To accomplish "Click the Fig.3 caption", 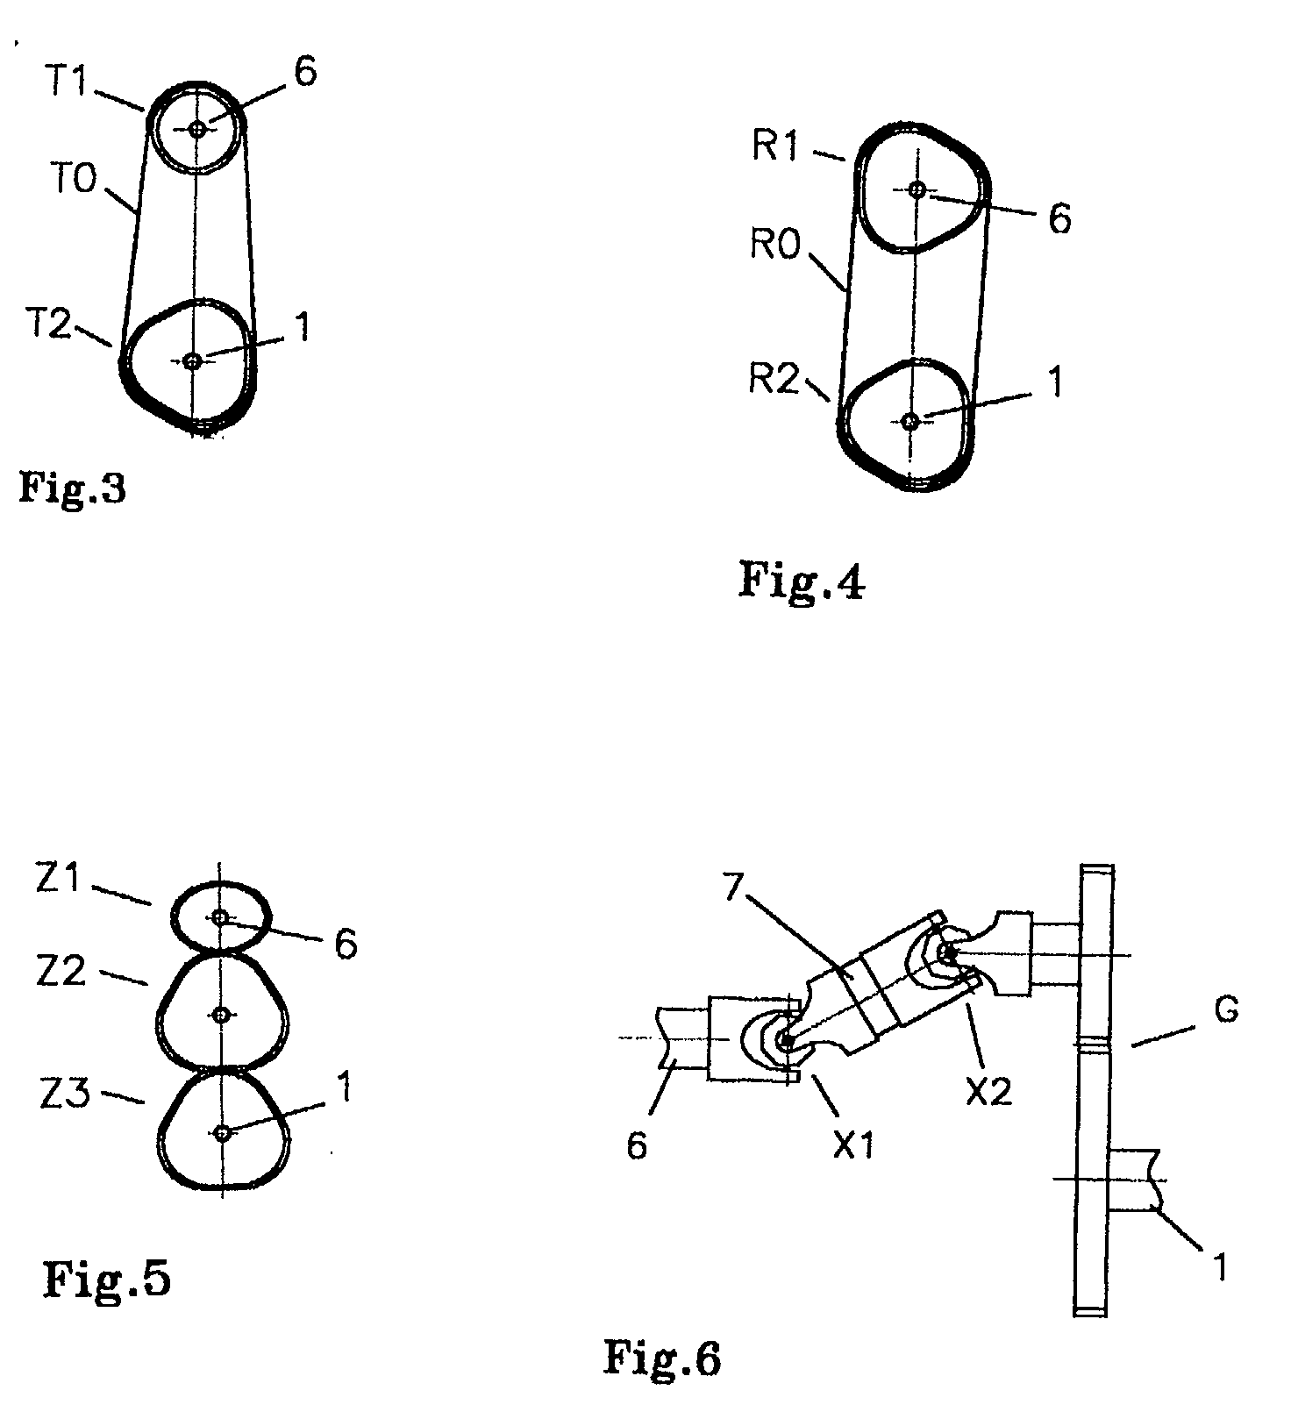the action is click(x=72, y=487).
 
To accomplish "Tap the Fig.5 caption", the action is click(x=107, y=1280).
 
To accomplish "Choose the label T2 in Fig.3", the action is click(x=47, y=326).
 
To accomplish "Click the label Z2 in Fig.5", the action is click(x=61, y=971).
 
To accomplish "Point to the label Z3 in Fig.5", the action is click(x=63, y=1095).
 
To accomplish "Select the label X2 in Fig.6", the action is click(x=988, y=1091).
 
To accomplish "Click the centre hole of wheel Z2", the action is click(x=222, y=1015).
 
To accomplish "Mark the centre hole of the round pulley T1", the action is click(x=197, y=129).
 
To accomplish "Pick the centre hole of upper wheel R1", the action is click(x=917, y=189).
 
